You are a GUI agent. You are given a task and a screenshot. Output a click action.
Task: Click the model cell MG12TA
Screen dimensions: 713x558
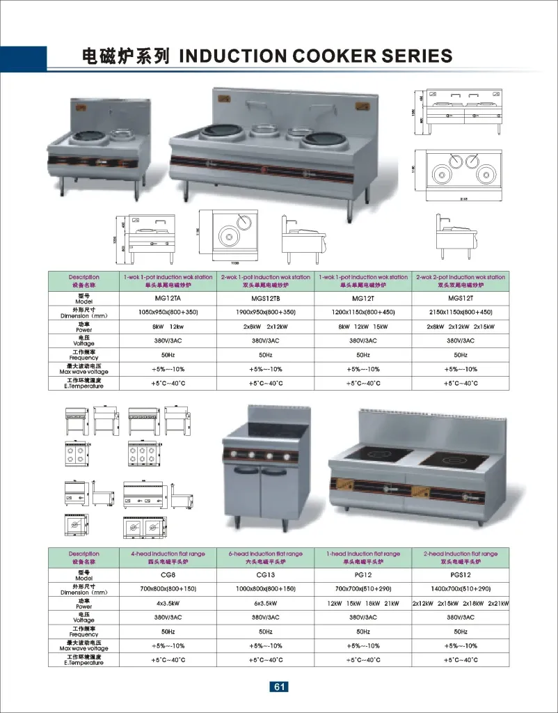tap(168, 297)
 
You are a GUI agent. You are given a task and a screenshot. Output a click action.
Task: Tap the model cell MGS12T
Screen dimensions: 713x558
tap(459, 297)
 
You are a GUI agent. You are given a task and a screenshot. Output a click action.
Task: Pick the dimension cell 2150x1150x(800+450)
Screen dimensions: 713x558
tap(460, 312)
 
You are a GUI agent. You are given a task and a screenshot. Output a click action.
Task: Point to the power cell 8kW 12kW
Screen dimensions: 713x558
tap(168, 327)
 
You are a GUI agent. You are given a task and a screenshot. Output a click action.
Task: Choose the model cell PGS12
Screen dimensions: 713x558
tap(460, 575)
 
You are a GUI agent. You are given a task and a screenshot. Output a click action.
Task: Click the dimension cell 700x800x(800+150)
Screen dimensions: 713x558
tap(168, 589)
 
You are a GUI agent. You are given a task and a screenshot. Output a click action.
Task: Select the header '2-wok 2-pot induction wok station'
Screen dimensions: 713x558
tap(460, 277)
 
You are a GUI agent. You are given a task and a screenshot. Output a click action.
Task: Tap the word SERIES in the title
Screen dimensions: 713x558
tap(418, 56)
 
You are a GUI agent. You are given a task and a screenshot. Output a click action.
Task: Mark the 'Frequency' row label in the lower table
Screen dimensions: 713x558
tap(83, 632)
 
